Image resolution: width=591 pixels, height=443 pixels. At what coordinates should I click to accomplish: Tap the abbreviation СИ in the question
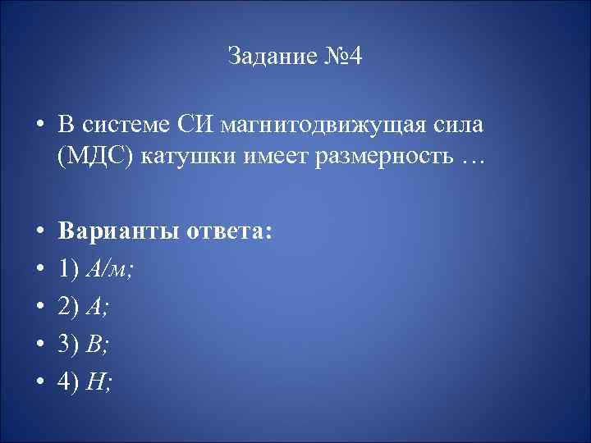point(194,126)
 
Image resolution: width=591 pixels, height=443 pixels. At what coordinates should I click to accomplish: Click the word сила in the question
point(463,126)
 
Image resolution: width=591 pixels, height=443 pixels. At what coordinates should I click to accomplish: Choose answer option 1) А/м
point(95,267)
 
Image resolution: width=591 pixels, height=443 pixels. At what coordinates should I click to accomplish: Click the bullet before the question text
point(39,127)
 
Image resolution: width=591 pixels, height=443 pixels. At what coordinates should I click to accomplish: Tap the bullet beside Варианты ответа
point(39,232)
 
